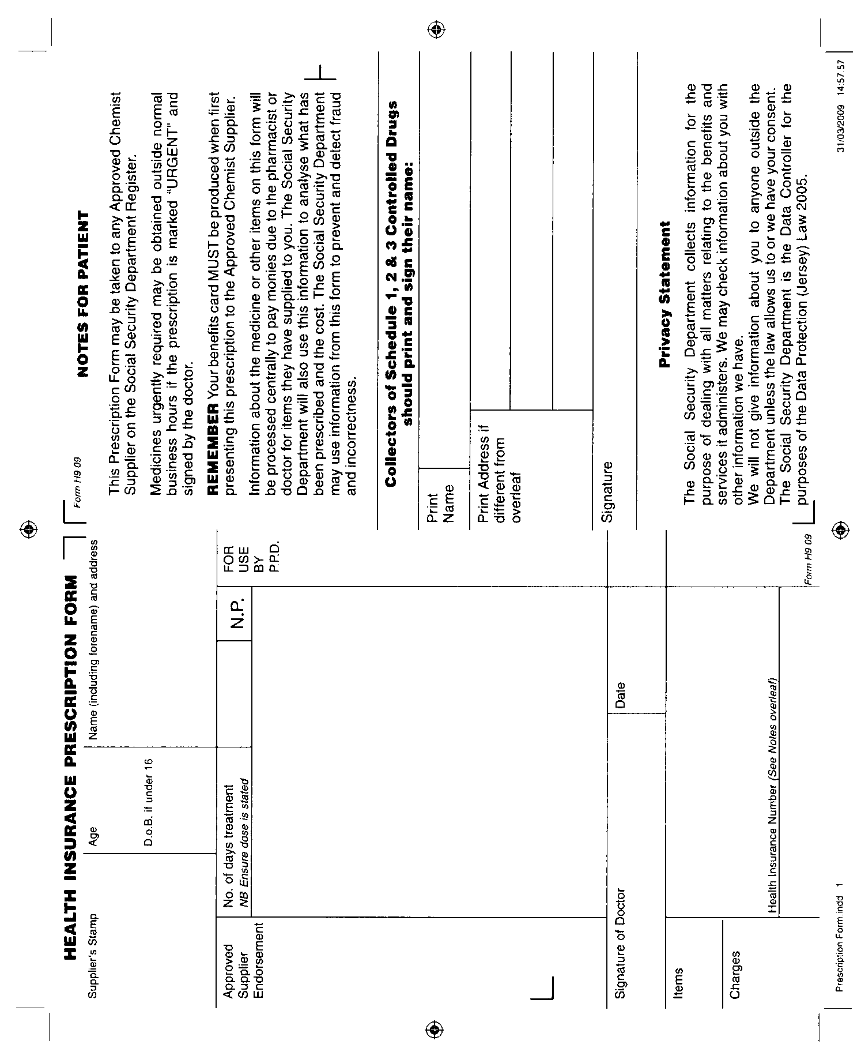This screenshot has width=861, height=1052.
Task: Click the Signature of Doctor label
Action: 620,944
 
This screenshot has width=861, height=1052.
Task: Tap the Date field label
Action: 620,695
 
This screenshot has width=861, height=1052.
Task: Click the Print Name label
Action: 441,499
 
